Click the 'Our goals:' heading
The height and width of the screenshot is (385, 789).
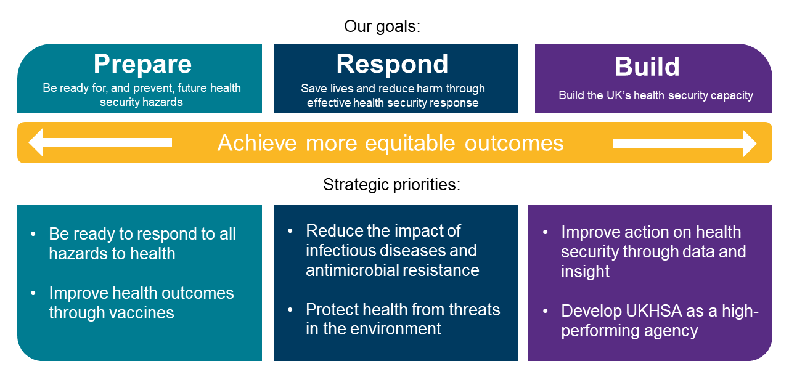[382, 26]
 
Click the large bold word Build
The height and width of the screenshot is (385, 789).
[647, 67]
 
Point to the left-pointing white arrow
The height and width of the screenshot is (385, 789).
[100, 142]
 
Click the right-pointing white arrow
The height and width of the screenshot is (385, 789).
[685, 144]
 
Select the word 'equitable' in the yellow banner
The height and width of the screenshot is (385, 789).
[410, 144]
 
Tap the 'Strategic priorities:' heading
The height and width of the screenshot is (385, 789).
[391, 184]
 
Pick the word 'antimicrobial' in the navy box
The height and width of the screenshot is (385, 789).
[352, 270]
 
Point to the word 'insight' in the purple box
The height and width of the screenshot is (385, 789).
[585, 271]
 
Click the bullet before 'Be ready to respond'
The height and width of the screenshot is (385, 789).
[33, 234]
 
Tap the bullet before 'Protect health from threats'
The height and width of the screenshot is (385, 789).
[290, 310]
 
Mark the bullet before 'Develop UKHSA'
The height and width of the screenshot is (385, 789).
[546, 311]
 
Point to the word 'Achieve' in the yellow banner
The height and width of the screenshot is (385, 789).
[257, 144]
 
